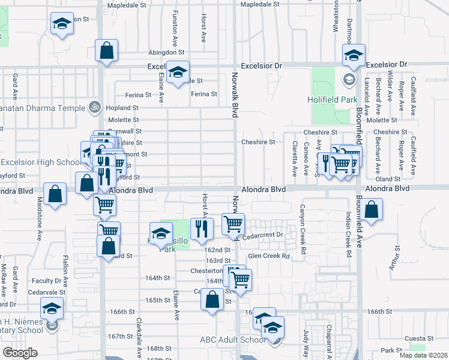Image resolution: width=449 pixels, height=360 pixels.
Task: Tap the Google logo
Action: (x=20, y=352)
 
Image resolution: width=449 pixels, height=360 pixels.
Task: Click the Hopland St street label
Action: (x=123, y=107)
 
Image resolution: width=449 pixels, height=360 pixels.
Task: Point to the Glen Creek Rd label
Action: (x=269, y=256)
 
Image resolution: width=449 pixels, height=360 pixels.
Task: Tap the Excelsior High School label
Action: (x=40, y=162)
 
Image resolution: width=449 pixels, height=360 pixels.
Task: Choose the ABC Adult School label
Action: (x=232, y=340)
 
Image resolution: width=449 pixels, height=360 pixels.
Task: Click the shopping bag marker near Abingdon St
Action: (x=106, y=51)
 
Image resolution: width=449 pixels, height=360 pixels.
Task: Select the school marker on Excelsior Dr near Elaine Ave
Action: (x=177, y=73)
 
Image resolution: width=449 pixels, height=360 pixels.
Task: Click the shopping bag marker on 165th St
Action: (x=212, y=299)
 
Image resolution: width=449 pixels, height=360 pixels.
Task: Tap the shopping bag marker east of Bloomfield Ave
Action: (x=372, y=210)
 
